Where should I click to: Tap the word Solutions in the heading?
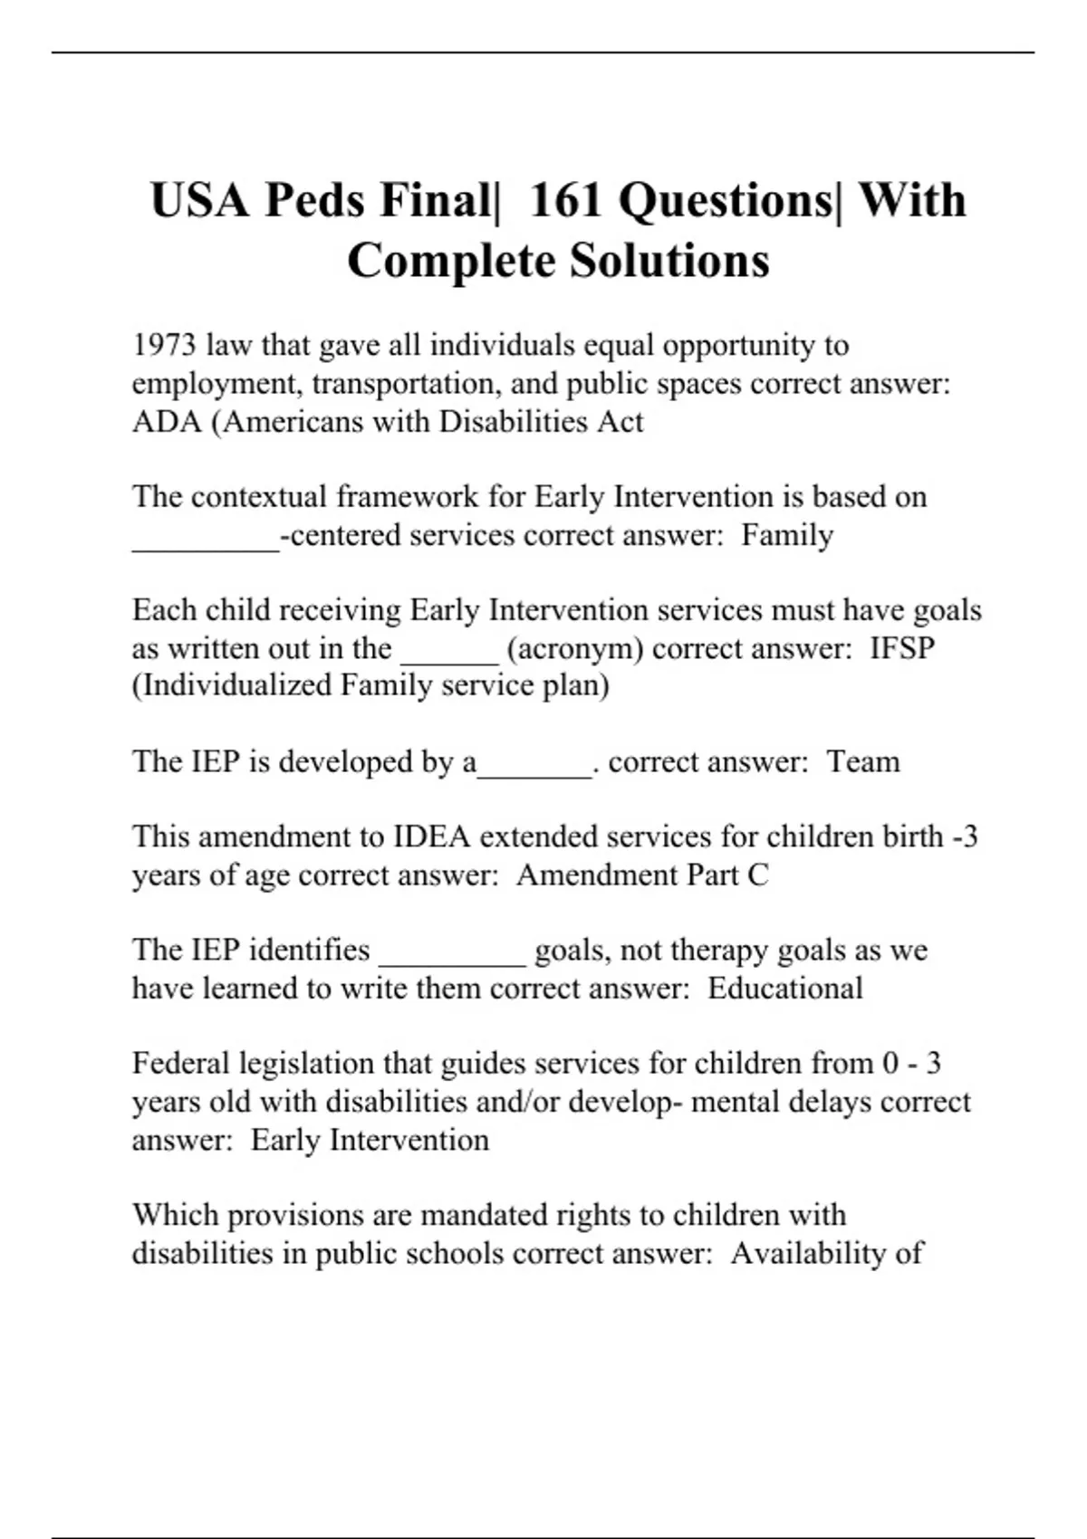click(x=669, y=261)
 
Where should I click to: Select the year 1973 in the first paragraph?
click(x=164, y=345)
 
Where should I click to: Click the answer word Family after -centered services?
click(x=786, y=535)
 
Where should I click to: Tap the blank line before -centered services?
click(x=206, y=543)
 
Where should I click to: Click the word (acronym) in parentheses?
click(x=575, y=648)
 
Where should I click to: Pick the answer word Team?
click(x=863, y=761)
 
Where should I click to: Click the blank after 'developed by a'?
click(x=534, y=769)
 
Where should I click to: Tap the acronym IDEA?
click(x=431, y=836)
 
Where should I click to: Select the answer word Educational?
click(x=784, y=988)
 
